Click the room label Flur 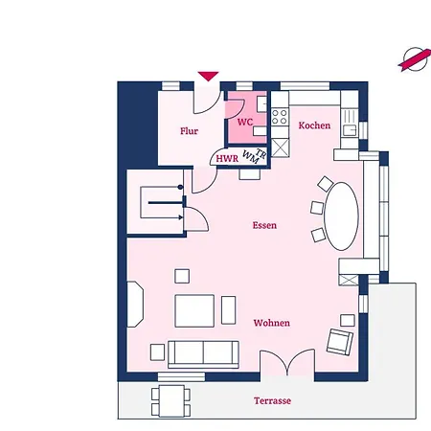coord(189,131)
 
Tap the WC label coord(245,122)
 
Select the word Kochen coord(314,125)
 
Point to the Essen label coord(264,225)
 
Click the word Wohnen coord(272,323)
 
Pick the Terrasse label coord(272,400)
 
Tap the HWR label coord(227,159)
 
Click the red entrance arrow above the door coord(208,77)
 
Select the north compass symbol coord(415,59)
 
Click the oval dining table coord(341,216)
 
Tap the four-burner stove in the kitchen coord(280,117)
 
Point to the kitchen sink coord(350,129)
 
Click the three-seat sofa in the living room coord(203,354)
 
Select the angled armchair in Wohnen coord(340,342)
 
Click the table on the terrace coord(171,401)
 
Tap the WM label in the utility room coord(250,156)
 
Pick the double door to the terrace coord(287,363)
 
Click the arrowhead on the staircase coord(181,217)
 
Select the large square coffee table coord(194,311)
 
